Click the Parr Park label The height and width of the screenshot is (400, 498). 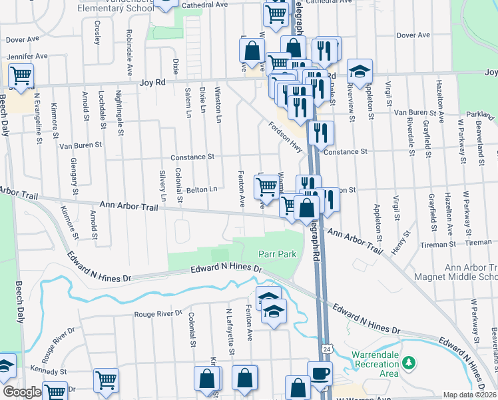[x=277, y=255]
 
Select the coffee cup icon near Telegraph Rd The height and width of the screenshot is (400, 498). [x=320, y=373]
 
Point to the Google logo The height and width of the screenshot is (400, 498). [x=21, y=392]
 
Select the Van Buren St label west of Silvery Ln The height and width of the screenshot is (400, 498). [x=81, y=144]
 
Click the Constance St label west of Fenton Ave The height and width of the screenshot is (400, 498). [x=192, y=157]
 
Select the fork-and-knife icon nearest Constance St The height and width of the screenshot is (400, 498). [x=321, y=133]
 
